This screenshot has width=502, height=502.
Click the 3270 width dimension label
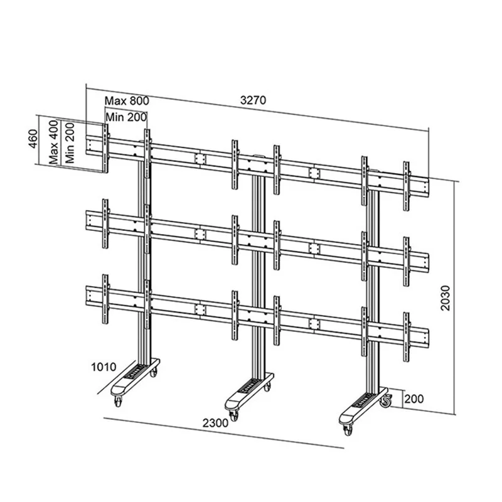click(x=253, y=100)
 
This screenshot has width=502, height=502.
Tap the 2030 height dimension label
click(x=445, y=298)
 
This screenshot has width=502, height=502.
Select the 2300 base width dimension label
click(x=215, y=423)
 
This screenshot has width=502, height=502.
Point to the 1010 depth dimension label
click(x=104, y=367)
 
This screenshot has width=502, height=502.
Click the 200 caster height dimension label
click(x=414, y=399)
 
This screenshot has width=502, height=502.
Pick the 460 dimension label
click(x=33, y=139)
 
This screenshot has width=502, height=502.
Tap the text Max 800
click(x=127, y=101)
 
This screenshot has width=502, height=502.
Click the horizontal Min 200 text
click(x=126, y=117)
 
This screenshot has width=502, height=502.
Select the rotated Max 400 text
click(x=53, y=142)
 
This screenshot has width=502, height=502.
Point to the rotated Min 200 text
click(x=70, y=143)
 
